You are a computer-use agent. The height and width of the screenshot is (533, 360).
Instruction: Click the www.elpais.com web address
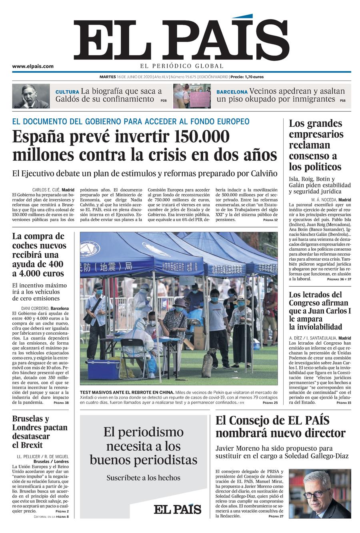click(x=33, y=66)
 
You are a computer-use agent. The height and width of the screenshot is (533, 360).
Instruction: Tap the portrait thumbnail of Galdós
click(x=31, y=96)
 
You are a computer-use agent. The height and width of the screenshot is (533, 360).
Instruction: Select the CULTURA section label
click(x=67, y=92)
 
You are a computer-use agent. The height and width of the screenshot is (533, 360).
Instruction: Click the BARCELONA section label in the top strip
click(x=232, y=92)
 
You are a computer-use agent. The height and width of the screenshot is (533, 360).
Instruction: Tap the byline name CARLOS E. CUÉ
click(x=46, y=190)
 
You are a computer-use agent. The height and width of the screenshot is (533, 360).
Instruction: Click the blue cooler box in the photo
click(x=103, y=370)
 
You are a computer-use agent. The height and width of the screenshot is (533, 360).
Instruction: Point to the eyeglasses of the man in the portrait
click(x=316, y=493)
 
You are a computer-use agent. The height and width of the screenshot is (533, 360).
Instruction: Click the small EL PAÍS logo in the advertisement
click(x=177, y=509)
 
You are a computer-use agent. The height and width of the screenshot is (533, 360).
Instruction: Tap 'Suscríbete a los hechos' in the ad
click(x=143, y=478)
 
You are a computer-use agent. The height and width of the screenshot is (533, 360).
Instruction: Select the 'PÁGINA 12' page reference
click(x=270, y=220)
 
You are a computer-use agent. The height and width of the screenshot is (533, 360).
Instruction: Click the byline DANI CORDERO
click(x=35, y=309)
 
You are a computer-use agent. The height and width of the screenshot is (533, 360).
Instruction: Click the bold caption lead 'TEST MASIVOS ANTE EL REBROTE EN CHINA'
click(x=127, y=392)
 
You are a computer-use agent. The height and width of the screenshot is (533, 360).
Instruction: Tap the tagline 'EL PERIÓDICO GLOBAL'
click(x=182, y=66)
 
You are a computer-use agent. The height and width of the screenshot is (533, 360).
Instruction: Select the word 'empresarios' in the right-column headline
click(x=316, y=134)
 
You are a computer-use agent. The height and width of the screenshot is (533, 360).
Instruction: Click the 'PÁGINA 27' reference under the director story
click(x=276, y=516)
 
